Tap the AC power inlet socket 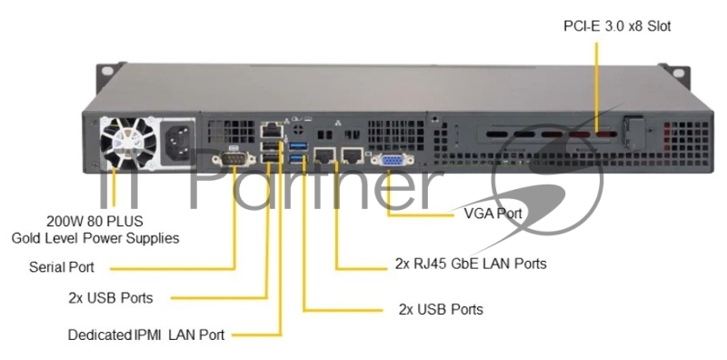tap(180, 142)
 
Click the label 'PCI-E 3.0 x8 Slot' tap(617, 26)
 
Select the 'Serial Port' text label tap(62, 267)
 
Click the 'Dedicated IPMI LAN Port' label tap(145, 335)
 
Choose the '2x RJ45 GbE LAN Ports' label tap(471, 264)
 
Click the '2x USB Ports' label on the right tap(441, 309)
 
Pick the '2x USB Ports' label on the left tap(110, 297)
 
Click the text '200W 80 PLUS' tap(95, 221)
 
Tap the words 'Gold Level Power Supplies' tap(95, 237)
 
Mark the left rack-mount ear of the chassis tap(107, 71)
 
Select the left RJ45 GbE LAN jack tap(324, 155)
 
